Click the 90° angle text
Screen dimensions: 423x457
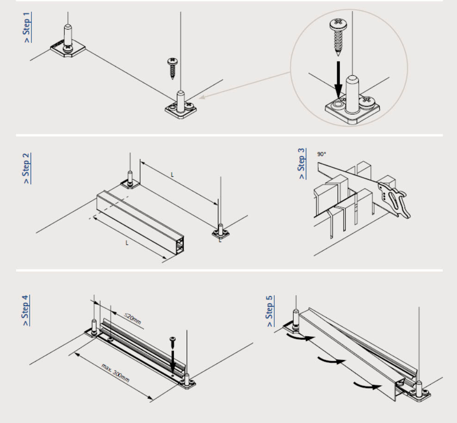point(321,154)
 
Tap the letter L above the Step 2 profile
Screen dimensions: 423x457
point(172,175)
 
